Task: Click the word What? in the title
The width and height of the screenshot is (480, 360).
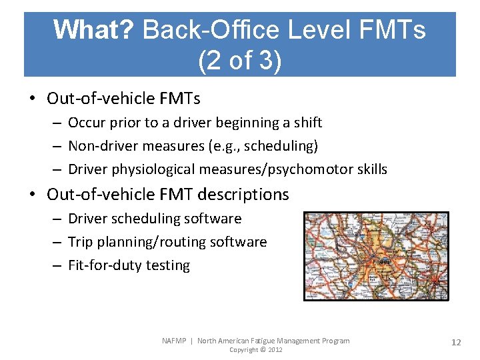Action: (x=94, y=30)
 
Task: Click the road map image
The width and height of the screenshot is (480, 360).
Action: (x=376, y=256)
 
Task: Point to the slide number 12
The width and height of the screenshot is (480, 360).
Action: (x=456, y=342)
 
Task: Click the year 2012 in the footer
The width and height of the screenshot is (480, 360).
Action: (x=275, y=350)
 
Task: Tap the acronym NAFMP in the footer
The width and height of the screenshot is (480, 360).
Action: (x=175, y=341)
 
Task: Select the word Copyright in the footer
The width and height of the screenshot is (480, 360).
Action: (x=243, y=350)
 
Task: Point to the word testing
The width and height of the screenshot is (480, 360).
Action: (x=169, y=265)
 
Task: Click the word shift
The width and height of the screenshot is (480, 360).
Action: (x=307, y=123)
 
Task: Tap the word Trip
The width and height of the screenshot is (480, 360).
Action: (x=80, y=242)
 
